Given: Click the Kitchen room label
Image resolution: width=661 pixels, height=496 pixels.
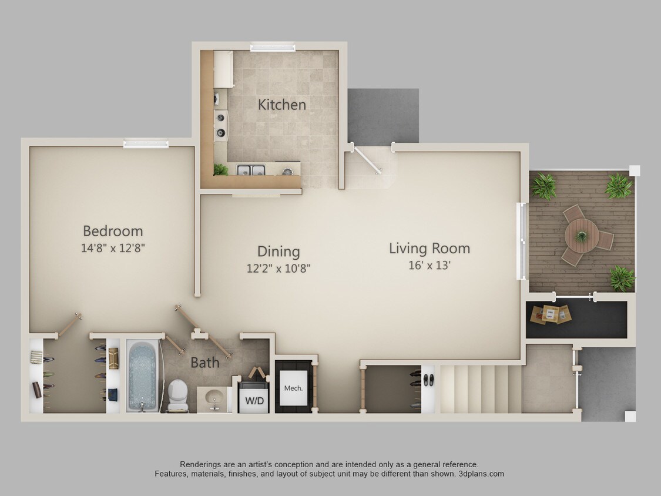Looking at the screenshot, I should point(282,105).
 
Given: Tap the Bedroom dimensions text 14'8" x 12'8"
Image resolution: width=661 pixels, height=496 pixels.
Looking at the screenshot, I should point(113,248).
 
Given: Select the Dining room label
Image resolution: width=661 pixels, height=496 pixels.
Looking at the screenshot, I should point(279,252).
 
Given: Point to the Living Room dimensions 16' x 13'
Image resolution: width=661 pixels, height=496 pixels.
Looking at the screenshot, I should point(429,265).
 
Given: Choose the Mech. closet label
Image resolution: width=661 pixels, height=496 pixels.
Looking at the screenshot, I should point(293,388).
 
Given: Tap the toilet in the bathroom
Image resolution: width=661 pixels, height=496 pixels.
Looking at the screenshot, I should point(176,395).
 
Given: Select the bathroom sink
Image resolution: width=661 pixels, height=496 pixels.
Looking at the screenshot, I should point(212,398).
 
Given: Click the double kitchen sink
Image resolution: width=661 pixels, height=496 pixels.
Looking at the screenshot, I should point(251,170).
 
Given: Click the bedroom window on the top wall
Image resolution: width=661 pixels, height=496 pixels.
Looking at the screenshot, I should point(146,143).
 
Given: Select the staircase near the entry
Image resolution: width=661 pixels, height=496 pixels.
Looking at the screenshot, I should point(480,388).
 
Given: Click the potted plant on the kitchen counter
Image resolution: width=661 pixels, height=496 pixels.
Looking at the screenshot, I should point(221,169).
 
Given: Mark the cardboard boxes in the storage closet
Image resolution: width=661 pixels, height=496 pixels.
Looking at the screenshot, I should point(551,314).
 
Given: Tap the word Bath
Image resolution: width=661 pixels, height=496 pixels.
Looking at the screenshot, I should point(204,363).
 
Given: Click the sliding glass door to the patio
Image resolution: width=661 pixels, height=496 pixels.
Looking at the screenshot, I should point(521,241).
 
